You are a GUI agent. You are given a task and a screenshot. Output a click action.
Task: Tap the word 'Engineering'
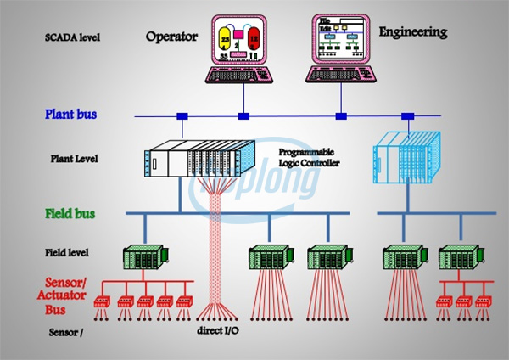click(x=412, y=32)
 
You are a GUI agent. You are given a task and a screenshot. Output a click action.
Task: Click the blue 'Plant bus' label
click(x=71, y=113)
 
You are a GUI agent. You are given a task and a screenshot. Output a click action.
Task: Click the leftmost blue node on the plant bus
click(x=182, y=115)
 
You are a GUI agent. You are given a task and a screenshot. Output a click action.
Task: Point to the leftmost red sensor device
click(x=105, y=301)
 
